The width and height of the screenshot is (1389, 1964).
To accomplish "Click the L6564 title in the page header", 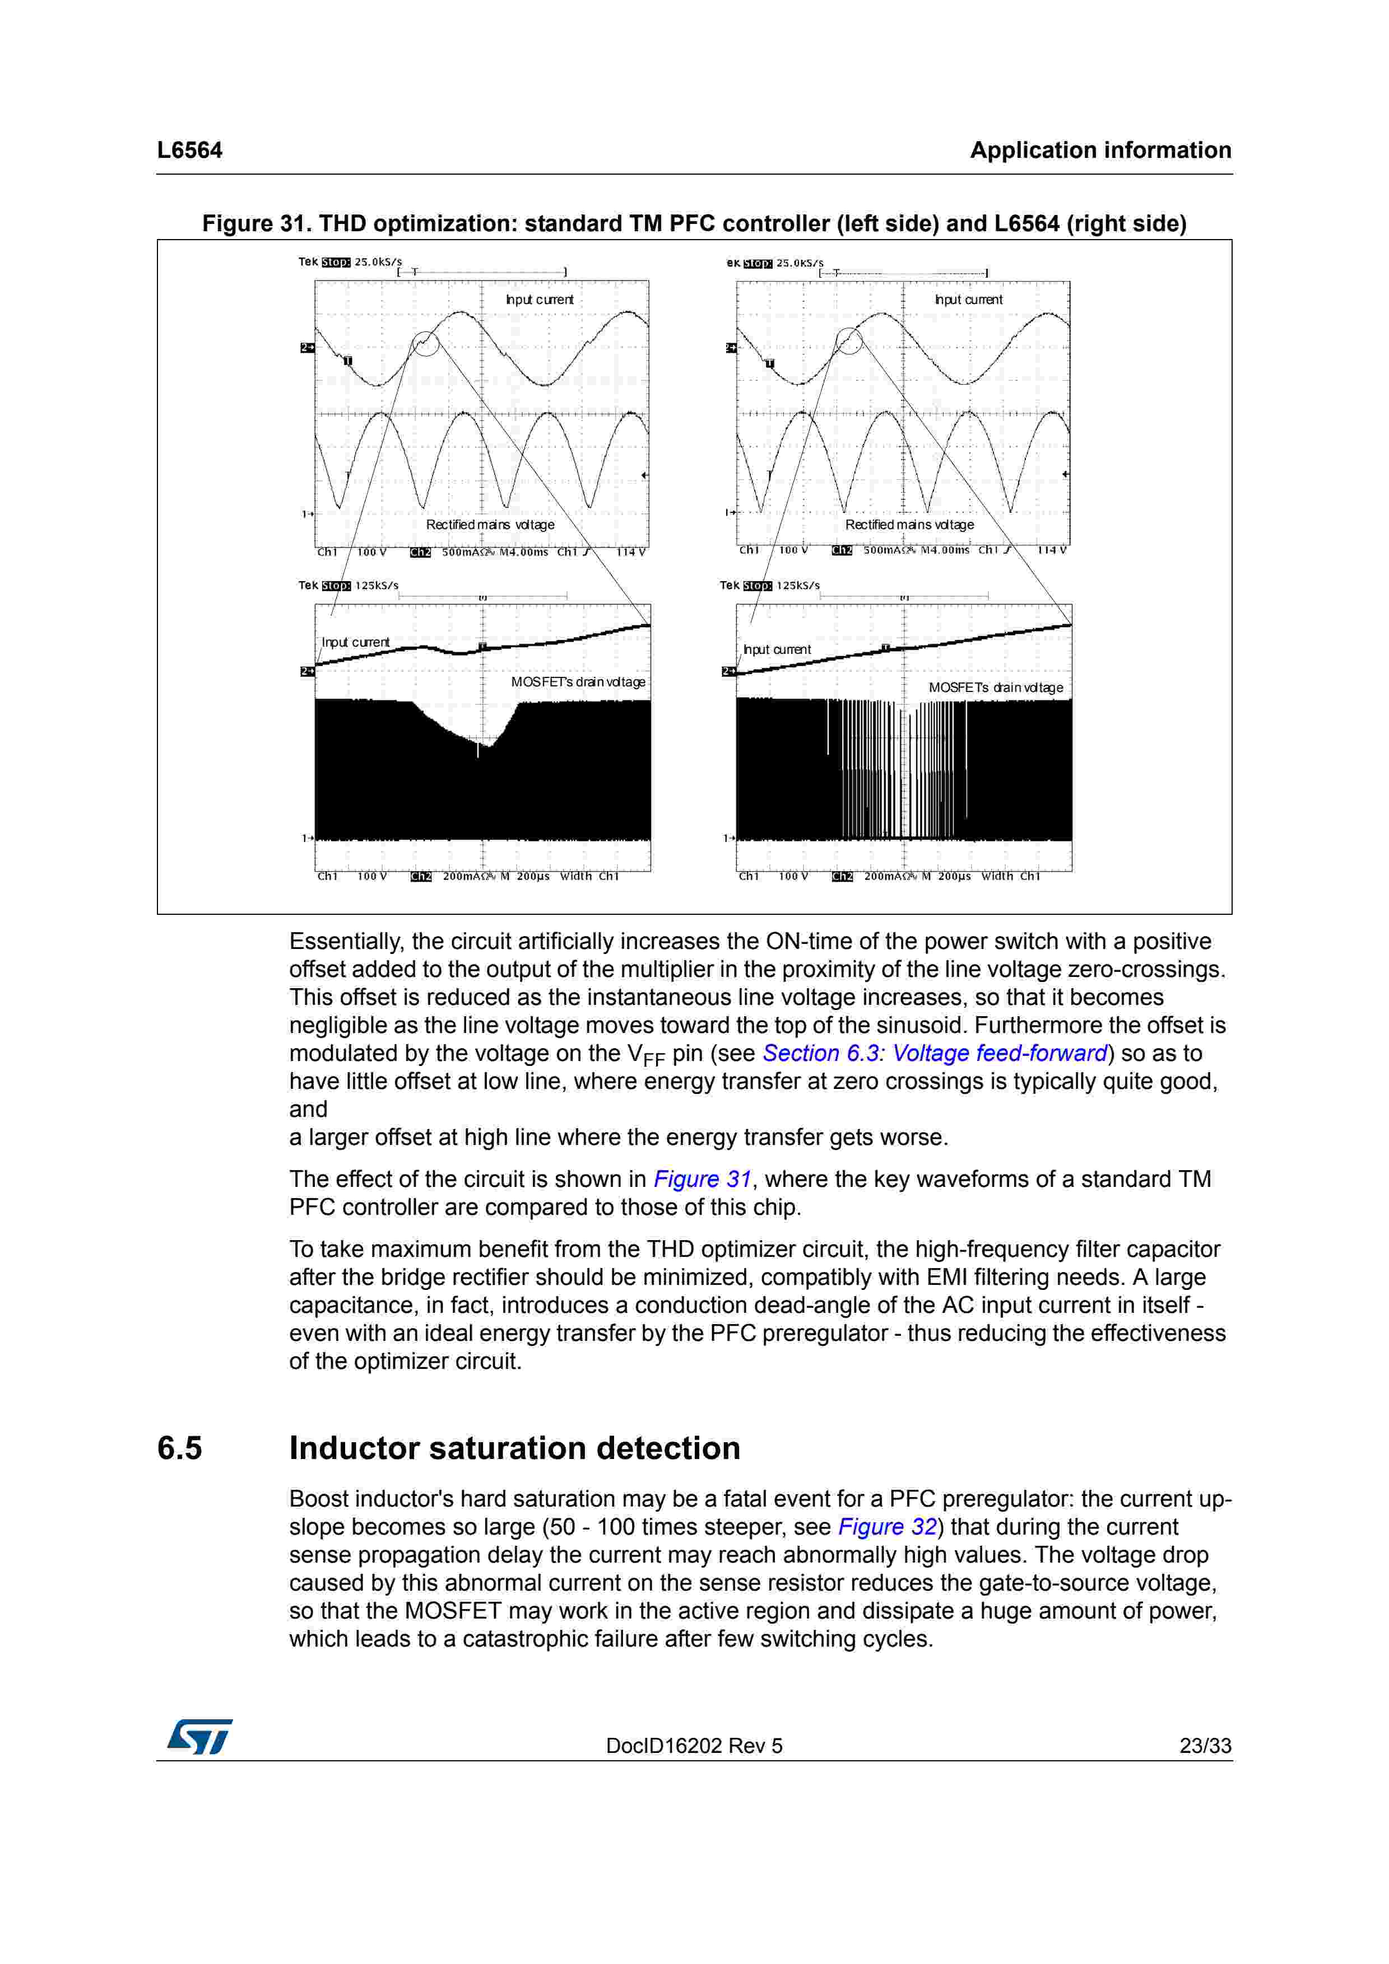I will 189,151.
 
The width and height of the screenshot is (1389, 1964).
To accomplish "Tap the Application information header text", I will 1100,151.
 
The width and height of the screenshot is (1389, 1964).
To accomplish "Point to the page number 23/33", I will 1205,1746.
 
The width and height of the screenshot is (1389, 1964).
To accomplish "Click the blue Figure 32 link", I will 886,1527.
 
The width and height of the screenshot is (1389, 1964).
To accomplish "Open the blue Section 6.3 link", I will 820,1053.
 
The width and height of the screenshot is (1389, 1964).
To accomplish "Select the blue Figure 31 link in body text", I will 702,1179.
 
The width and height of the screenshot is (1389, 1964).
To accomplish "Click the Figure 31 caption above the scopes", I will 694,224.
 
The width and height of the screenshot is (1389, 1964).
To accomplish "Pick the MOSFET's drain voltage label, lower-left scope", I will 578,682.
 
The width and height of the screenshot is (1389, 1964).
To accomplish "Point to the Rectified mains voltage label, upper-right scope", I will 909,525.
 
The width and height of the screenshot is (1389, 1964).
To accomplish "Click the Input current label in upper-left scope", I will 539,300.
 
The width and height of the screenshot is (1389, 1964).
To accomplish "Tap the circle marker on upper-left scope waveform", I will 425,344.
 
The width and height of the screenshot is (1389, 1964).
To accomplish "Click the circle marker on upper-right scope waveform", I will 849,340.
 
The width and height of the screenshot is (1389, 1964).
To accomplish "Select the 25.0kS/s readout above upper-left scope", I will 378,262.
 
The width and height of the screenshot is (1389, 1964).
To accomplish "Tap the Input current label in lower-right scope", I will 776,649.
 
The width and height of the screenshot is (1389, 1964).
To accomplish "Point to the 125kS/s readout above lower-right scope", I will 798,585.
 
